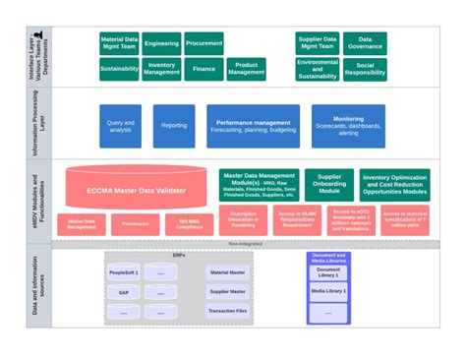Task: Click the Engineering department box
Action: pos(161,43)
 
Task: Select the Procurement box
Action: pos(204,43)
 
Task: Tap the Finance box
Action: pos(204,69)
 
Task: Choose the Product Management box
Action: pos(247,69)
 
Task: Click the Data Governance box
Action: pos(365,43)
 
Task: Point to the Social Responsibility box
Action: pos(365,69)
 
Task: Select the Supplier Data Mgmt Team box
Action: pos(317,43)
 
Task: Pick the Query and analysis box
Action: pos(120,126)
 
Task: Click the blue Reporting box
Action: pos(174,126)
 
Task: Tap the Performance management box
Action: pos(254,126)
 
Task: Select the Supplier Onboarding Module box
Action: pos(328,184)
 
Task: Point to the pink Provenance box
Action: pos(136,224)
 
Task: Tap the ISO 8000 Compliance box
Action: pos(189,224)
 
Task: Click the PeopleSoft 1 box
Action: pos(124,272)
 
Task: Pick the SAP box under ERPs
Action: pos(124,292)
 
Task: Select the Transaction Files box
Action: pos(227,311)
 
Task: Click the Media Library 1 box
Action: pos(327,292)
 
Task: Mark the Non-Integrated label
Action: pos(246,242)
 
